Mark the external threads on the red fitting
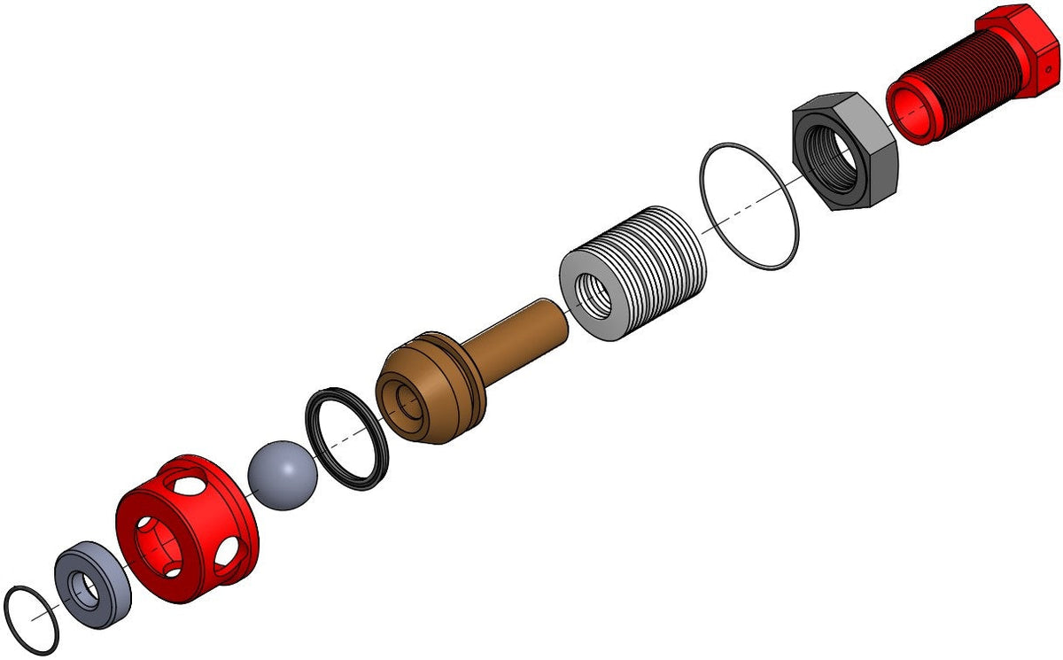coord(966,89)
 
